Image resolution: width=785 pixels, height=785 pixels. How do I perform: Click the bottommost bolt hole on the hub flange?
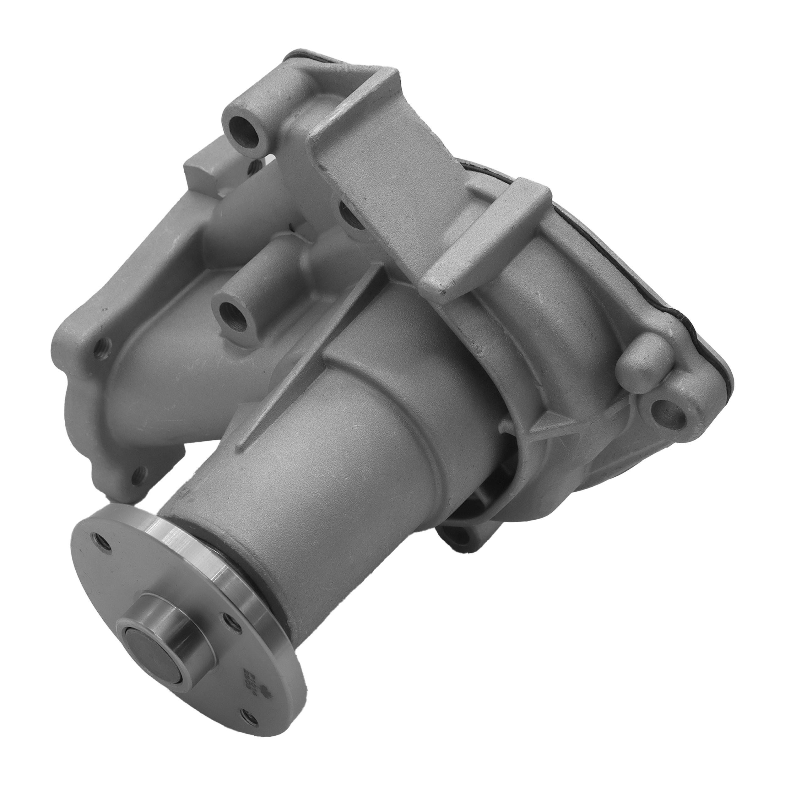[247, 759]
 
